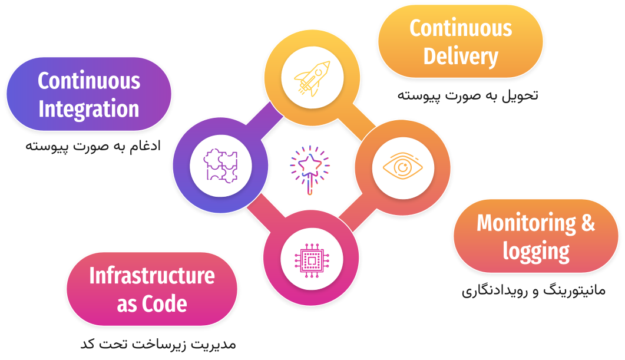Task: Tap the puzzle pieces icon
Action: (220, 166)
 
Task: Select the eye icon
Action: (402, 166)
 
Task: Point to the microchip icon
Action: (310, 258)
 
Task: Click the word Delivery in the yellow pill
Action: (461, 57)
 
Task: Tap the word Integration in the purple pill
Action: (89, 109)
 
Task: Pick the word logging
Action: (536, 252)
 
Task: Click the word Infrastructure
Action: (152, 275)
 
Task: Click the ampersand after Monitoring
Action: (588, 223)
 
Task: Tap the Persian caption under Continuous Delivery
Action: (467, 95)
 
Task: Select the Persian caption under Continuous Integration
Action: (93, 146)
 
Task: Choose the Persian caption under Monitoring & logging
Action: (533, 290)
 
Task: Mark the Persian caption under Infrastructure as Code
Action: (158, 344)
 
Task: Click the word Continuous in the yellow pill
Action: (461, 28)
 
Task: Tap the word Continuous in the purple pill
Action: (89, 81)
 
